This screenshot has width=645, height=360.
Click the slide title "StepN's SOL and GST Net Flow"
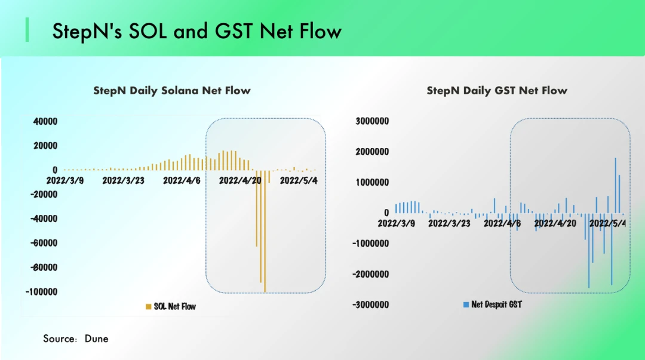click(x=196, y=31)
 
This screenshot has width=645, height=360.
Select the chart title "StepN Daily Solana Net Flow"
click(x=172, y=91)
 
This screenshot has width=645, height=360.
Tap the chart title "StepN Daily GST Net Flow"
click(x=497, y=91)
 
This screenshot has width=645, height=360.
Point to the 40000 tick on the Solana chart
click(x=45, y=121)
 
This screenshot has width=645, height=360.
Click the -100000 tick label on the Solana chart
click(x=42, y=292)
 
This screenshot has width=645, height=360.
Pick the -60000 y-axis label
click(x=44, y=243)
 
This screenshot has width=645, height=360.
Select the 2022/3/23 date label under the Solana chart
click(x=124, y=181)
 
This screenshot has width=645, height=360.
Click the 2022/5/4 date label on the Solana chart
click(x=299, y=181)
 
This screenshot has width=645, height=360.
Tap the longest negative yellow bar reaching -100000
click(x=265, y=231)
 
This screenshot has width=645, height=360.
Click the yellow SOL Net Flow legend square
click(x=149, y=306)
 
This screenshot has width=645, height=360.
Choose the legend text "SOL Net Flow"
click(x=175, y=306)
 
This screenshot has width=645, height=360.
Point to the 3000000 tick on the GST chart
click(x=372, y=121)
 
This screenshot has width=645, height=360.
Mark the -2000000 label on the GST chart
click(x=371, y=275)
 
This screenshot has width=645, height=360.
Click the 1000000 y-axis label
click(x=372, y=182)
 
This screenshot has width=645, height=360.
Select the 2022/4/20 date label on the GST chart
click(x=555, y=223)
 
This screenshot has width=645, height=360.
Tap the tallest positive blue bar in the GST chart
click(x=615, y=186)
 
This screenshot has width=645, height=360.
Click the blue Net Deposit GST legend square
click(x=466, y=304)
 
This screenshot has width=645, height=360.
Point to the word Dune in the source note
click(x=96, y=339)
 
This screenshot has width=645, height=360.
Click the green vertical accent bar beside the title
click(x=27, y=30)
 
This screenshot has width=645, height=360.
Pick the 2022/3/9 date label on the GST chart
click(x=397, y=223)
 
